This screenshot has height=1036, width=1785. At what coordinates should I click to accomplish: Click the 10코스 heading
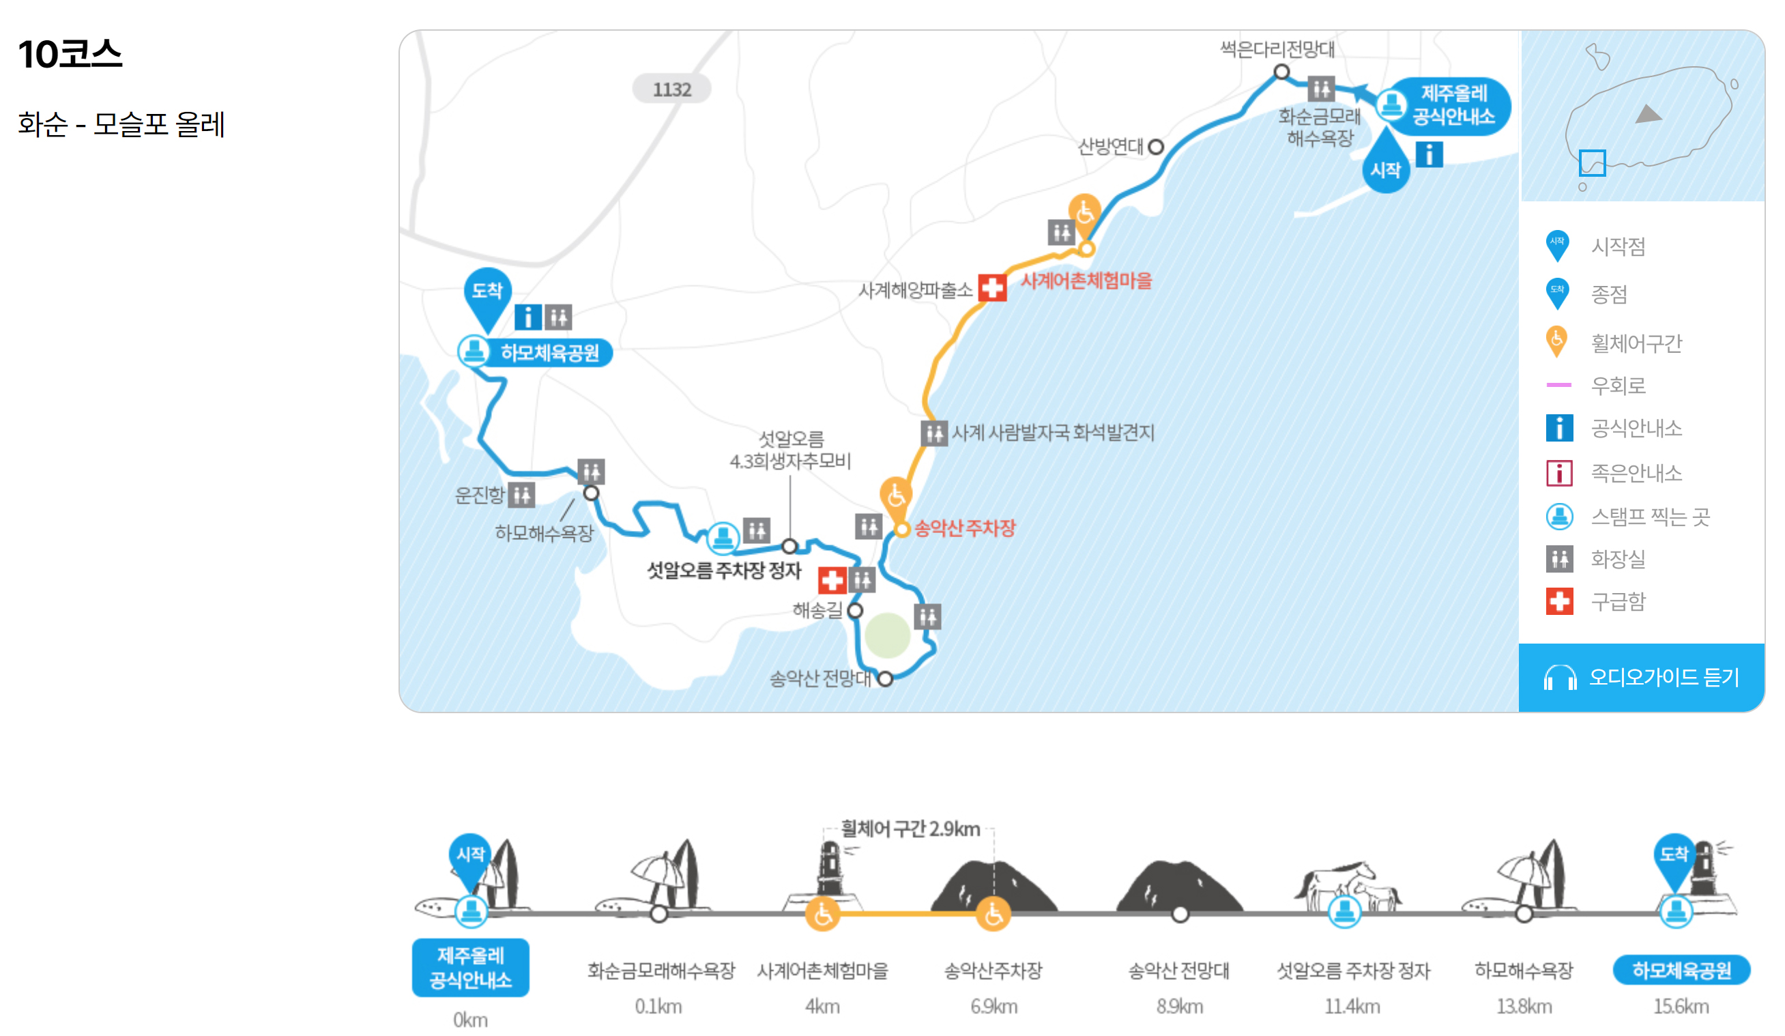pos(70,54)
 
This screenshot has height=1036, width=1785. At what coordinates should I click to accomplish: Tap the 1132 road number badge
pos(671,89)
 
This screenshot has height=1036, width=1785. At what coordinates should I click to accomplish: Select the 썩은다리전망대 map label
pos(1277,49)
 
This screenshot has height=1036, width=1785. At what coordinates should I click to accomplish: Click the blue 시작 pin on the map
pos(1386,167)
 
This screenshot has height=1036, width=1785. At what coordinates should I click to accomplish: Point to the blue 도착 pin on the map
pos(487,294)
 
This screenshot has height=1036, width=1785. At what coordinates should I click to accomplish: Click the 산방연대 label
pos(1110,147)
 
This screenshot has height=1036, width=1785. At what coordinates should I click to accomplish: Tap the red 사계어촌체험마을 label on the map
pos(1086,280)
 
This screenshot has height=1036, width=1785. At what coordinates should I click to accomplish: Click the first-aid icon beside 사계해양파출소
pos(991,288)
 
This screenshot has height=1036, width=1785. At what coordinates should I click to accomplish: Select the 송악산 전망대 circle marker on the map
pos(885,678)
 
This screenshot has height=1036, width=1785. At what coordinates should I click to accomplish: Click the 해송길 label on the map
pos(817,609)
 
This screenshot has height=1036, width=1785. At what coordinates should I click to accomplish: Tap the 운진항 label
pos(479,495)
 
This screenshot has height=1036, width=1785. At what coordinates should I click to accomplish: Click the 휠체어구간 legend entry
pos(1636,343)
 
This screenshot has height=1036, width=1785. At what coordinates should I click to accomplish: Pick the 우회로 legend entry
pos(1618,385)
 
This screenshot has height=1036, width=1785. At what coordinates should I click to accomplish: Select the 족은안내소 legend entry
pos(1636,473)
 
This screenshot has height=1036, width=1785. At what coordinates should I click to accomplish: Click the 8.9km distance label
pos(1179,1005)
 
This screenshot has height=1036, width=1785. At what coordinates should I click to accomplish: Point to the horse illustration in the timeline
pos(1346,882)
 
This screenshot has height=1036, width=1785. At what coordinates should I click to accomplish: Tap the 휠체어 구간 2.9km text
pos(910,829)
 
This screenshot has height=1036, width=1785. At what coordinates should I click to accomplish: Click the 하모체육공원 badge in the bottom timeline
pos(1681,969)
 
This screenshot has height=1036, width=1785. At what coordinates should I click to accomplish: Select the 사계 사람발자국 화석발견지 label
pos(1053,432)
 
